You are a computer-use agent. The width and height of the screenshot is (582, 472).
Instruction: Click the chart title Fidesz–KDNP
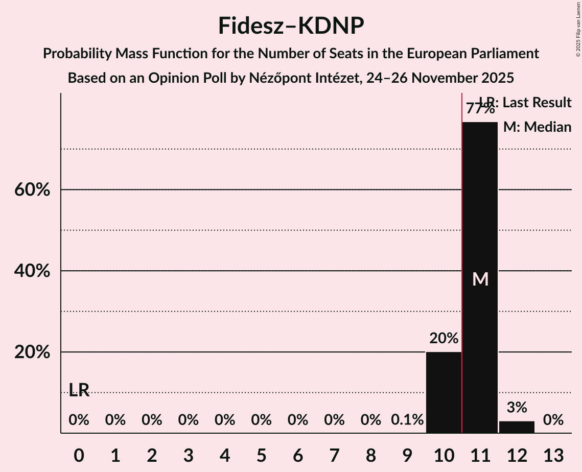point(291,26)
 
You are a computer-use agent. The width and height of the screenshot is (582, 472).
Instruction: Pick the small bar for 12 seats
point(517,427)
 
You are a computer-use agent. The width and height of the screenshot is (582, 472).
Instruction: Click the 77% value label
point(480,109)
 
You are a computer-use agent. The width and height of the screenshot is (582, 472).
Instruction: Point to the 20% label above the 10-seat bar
point(444,338)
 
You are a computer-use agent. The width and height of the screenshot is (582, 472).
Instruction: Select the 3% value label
point(517,407)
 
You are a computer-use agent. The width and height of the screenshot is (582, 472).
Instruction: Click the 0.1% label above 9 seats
point(407,420)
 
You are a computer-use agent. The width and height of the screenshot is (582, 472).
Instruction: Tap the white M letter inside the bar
point(480,279)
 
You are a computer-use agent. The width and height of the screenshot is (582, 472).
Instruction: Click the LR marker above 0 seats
point(79,390)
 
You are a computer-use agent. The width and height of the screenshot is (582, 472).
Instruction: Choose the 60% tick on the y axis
point(32,190)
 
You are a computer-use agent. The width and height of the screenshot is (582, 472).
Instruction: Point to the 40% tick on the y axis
point(32,271)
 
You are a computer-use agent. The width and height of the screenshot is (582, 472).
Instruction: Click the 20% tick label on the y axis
point(32,352)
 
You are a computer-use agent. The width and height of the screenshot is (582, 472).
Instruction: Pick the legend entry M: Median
point(537,127)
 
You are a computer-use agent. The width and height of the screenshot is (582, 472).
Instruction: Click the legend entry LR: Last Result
point(525,103)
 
